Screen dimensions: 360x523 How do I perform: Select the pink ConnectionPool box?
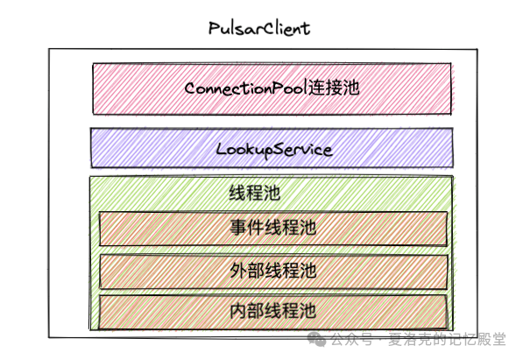pos(272,88)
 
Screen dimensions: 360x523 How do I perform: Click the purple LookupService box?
pos(272,148)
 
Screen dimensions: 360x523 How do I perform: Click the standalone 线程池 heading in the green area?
pos(248,192)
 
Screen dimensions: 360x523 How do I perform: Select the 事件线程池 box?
pos(272,228)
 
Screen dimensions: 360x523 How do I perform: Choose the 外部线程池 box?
pos(272,271)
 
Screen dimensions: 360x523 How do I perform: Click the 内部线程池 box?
pos(272,310)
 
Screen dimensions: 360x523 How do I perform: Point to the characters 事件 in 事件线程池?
pos(245,228)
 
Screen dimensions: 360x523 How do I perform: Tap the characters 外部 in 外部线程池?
pos(245,270)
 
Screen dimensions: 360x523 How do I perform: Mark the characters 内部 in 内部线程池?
pos(245,310)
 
